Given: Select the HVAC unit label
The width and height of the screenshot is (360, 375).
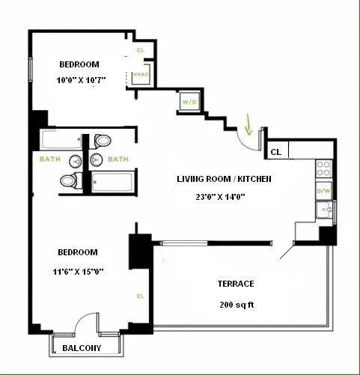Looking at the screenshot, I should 139,75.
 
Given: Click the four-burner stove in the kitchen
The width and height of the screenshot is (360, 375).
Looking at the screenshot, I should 324,168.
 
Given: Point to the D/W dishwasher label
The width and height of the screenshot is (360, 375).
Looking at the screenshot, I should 324,191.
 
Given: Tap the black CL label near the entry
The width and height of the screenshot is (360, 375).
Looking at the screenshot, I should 275,151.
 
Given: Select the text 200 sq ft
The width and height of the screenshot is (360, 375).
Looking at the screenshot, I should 236,305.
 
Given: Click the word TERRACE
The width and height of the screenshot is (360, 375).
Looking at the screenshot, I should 237,284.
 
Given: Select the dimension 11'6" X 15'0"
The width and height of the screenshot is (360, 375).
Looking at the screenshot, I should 77,271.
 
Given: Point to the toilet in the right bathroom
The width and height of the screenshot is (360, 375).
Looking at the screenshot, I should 103,140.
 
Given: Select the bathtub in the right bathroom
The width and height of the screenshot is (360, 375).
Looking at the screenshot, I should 112,180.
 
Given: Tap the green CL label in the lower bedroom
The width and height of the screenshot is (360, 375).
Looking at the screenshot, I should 140,296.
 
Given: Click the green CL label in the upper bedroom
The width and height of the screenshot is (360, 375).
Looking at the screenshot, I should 140,51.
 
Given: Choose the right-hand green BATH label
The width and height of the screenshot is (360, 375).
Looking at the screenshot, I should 118,159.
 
